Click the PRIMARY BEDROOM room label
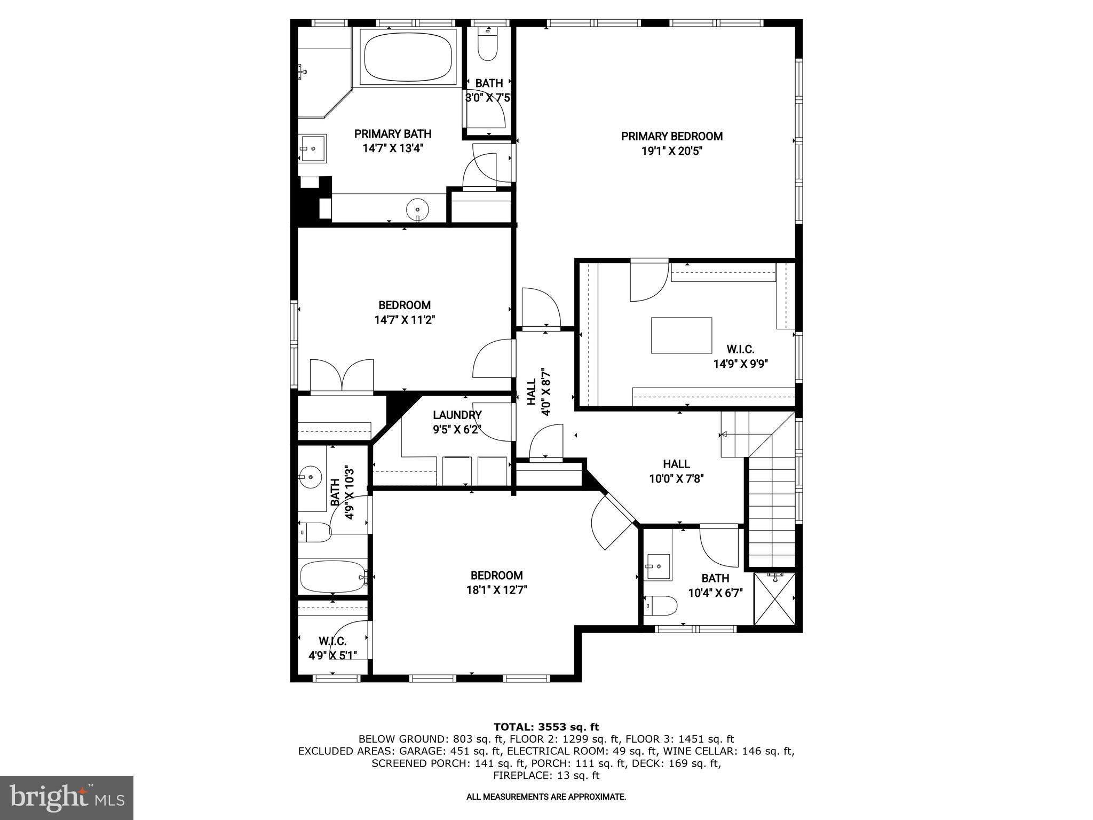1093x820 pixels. point(671,137)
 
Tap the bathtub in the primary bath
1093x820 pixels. point(408,57)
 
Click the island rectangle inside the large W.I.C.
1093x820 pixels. point(681,335)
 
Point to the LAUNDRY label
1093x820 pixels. point(457,415)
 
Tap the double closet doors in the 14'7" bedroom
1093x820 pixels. point(342,376)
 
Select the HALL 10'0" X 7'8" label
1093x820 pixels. point(676,471)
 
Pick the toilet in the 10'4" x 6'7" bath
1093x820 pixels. point(661,606)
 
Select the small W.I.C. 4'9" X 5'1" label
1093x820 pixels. point(332,648)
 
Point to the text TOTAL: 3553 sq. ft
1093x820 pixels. point(546,727)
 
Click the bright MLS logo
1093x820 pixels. point(67,798)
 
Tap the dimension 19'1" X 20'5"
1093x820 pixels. point(671,151)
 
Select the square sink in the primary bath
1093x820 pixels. point(312,148)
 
